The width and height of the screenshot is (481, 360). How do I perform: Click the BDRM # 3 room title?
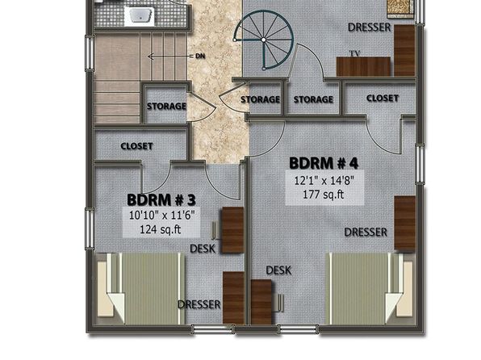(161, 200)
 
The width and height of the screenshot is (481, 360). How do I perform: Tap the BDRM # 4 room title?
(324, 163)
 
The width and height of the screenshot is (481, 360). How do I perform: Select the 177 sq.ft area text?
(324, 195)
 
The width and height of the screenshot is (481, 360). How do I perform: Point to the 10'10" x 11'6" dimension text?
(162, 216)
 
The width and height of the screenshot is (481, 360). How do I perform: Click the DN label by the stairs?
(200, 57)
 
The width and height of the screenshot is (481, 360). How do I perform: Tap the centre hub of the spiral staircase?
(264, 40)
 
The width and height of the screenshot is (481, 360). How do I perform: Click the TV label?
(354, 54)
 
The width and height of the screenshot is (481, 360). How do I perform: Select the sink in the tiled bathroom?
(140, 15)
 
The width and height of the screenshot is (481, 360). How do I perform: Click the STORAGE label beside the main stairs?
(166, 107)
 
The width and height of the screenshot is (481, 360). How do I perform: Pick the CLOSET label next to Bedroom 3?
(136, 146)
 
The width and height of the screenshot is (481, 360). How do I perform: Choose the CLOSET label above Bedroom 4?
(383, 98)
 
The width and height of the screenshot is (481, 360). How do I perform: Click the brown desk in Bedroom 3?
(232, 231)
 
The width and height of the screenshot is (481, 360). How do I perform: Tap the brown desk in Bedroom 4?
(261, 302)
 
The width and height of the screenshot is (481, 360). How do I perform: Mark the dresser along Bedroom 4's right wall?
(404, 223)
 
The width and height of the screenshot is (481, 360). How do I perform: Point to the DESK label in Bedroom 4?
(278, 270)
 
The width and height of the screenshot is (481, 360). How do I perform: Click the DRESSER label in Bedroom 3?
(199, 304)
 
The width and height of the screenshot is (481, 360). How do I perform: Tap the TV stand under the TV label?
(363, 66)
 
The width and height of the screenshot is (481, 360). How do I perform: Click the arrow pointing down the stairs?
(169, 57)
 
